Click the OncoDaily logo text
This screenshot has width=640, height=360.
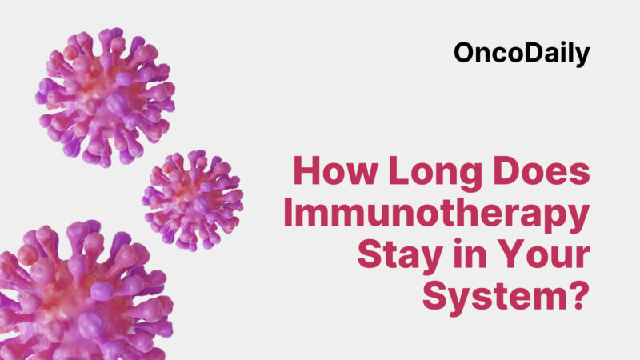522,53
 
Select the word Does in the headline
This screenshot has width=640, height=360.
544,174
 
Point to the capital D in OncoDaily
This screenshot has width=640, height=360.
529,54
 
